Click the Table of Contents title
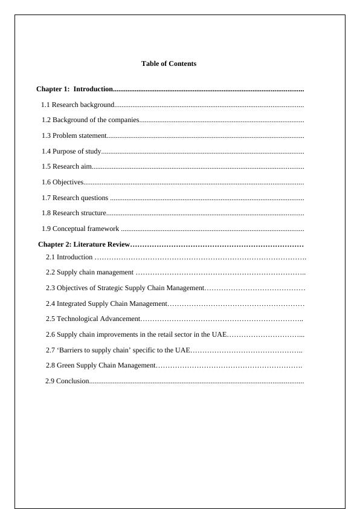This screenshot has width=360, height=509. [169, 63]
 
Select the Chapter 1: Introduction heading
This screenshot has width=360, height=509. [75, 89]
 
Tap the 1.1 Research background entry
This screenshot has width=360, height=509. [78, 105]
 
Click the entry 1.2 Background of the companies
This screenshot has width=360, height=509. [91, 120]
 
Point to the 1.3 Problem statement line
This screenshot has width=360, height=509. [74, 135]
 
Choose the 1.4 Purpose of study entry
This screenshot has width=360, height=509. [71, 151]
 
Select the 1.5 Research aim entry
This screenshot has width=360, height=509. [67, 166]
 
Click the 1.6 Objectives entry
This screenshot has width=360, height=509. [63, 182]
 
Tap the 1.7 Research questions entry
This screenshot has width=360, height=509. [76, 198]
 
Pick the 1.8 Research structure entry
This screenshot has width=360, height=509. [74, 213]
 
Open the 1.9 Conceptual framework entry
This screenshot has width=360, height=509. [80, 229]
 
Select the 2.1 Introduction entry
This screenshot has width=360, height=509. [69, 257]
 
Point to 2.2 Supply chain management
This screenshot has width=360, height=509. [90, 272]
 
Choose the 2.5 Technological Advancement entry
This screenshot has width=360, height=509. [93, 319]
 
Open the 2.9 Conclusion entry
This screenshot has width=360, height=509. [68, 381]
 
